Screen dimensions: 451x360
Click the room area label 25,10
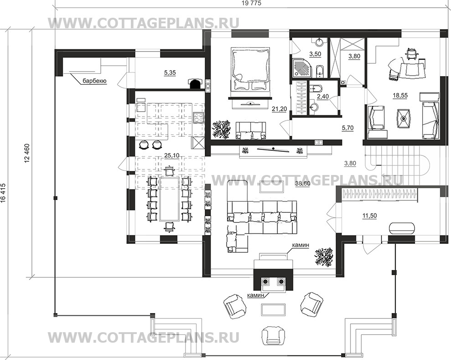[172, 155]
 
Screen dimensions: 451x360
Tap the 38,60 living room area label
[302, 184]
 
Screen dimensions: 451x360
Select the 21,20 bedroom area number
[280, 109]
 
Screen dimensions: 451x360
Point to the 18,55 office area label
[400, 95]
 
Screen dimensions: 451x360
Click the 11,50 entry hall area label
[370, 216]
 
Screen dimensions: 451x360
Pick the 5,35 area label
[170, 73]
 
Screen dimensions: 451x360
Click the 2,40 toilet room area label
[322, 97]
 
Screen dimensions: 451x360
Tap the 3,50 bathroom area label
[315, 54]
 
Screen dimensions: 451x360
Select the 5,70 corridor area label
[348, 128]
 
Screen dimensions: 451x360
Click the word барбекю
[95, 81]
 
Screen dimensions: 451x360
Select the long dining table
[170, 199]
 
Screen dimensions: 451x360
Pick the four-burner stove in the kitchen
[198, 117]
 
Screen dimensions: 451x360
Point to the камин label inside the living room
[301, 245]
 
